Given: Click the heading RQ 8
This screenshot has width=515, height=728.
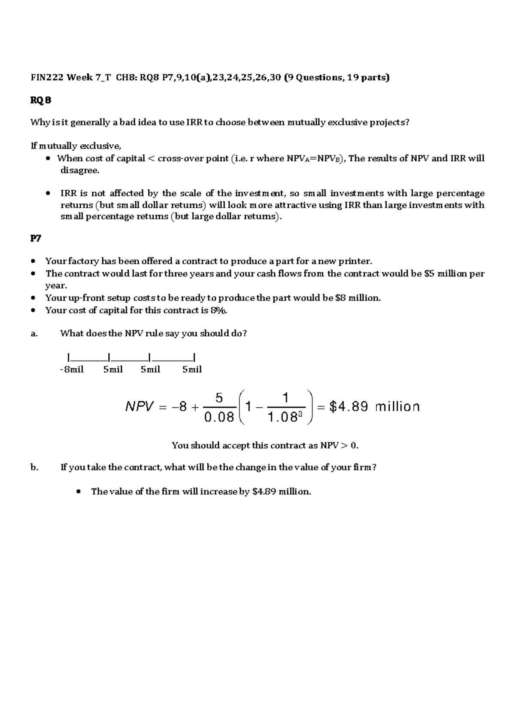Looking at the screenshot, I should tap(41, 100).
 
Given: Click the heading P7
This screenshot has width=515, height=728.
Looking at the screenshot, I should tap(36, 239).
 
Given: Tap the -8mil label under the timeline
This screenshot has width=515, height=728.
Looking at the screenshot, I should tap(72, 370).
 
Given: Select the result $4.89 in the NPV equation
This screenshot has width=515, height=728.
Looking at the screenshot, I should tap(348, 406).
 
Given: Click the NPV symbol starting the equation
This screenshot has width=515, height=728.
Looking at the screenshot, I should tap(139, 406).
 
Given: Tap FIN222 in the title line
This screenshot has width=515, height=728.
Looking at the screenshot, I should tap(47, 78).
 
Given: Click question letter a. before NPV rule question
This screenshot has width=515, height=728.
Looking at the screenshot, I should tap(34, 334).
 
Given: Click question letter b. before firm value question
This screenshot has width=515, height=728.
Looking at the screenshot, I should tap(34, 467).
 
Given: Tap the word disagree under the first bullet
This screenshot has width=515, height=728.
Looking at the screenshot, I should tap(79, 170).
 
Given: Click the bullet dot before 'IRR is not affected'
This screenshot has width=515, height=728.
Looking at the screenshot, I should tap(48, 194).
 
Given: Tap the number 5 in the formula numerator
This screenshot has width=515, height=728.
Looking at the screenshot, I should tap(219, 398).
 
